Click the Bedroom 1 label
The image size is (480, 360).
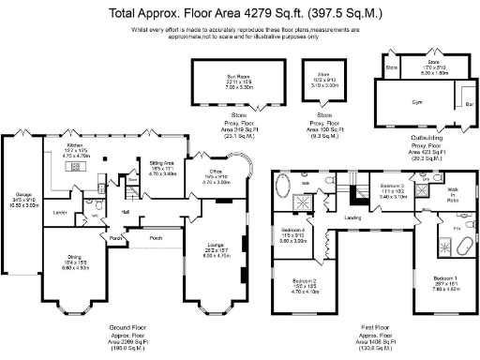[x=445, y=278]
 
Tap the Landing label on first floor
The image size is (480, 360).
[x=353, y=218]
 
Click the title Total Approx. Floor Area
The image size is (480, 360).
[x=239, y=14]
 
